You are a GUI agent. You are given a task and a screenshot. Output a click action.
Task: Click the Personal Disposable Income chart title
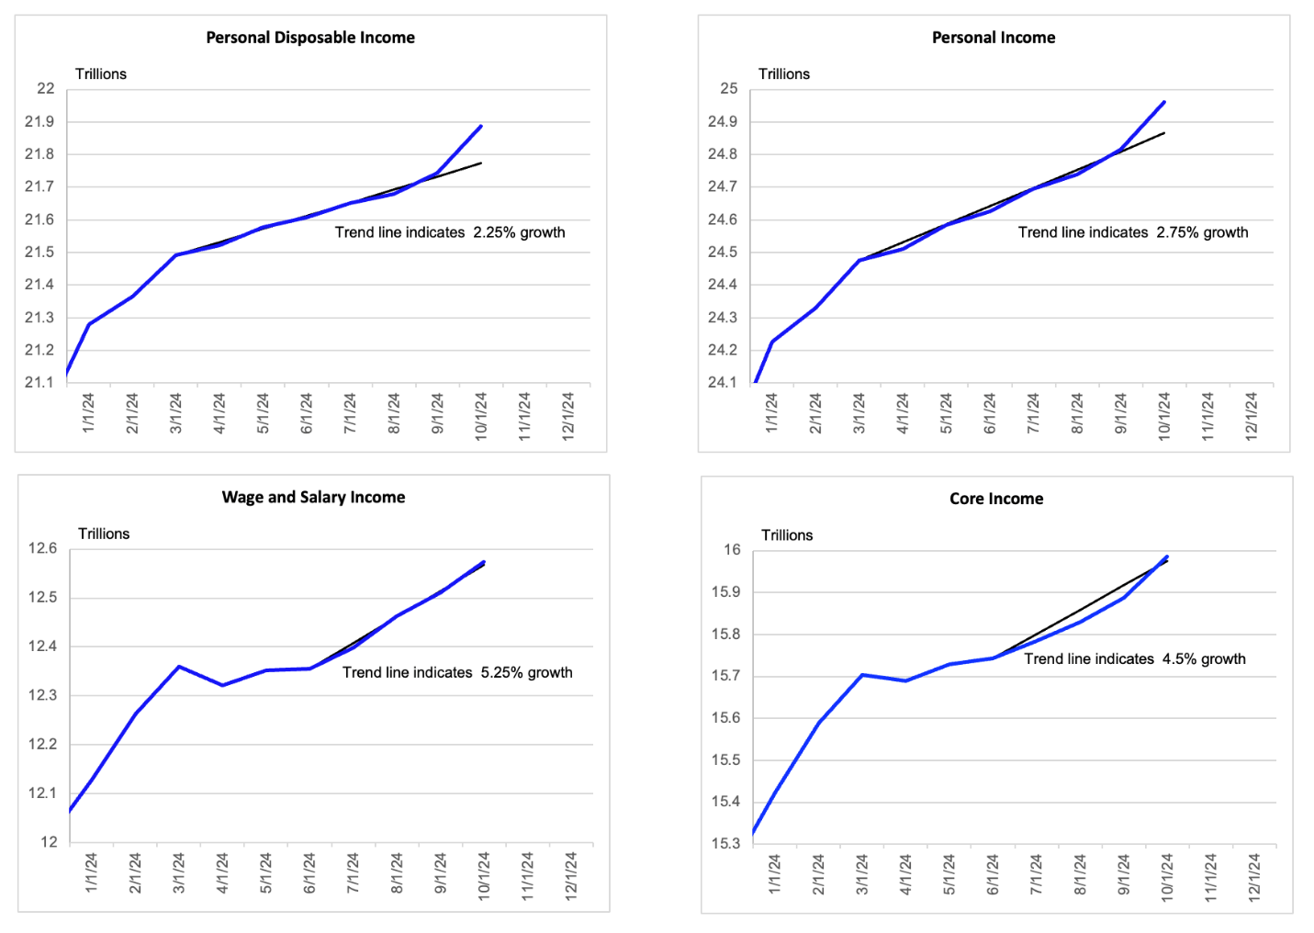pos(310,38)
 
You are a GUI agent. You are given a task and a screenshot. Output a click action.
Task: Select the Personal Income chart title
pos(994,38)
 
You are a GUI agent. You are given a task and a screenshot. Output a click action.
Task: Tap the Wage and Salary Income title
pos(313,497)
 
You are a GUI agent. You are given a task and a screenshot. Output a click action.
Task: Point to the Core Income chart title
pos(996,499)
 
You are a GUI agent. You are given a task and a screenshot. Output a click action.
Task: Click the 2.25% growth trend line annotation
pos(450,232)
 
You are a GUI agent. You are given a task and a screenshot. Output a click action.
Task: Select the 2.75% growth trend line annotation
pos(1133,232)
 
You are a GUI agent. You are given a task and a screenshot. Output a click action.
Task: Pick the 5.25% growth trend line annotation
pos(457,672)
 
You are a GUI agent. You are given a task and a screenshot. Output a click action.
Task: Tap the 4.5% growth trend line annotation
pos(1135,659)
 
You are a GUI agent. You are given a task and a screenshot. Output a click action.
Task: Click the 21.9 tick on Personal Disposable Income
pos(39,121)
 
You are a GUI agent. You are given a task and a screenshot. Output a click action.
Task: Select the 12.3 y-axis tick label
pos(43,695)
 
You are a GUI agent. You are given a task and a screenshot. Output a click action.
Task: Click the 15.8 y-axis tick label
pos(726,635)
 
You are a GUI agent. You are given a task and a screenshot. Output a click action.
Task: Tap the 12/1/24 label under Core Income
pos(1254,877)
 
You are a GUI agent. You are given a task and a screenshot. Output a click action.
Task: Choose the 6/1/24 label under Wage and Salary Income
pos(309,873)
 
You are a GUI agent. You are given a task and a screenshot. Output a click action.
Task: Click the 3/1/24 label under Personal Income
pos(859,413)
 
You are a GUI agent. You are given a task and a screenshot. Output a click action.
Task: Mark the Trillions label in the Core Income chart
pos(787,535)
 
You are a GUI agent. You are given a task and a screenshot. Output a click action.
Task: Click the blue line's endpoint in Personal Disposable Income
pos(481,126)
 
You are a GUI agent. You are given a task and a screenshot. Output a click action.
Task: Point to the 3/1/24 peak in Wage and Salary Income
pos(179,667)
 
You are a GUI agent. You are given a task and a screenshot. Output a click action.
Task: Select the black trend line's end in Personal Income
pos(1164,133)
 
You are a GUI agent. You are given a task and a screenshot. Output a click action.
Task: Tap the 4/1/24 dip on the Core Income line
pos(905,680)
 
